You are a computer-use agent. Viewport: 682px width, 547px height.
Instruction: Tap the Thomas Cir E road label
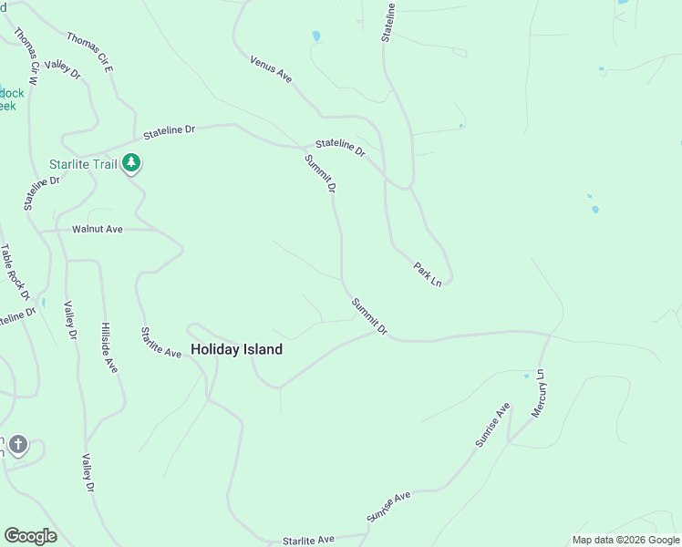pyautogui.click(x=88, y=53)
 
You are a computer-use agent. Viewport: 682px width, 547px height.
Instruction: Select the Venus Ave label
pyautogui.click(x=271, y=69)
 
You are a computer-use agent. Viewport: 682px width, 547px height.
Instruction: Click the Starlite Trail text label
pyautogui.click(x=84, y=165)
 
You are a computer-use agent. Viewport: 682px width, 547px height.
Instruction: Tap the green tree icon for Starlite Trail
pyautogui.click(x=132, y=163)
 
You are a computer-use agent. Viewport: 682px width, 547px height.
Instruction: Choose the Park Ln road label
pyautogui.click(x=428, y=274)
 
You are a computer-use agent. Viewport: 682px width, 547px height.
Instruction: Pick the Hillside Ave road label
pyautogui.click(x=108, y=347)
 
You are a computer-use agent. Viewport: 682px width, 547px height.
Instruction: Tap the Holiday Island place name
pyautogui.click(x=236, y=349)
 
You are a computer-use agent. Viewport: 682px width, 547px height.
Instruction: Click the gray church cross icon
pyautogui.click(x=18, y=446)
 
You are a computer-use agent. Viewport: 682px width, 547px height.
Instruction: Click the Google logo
pyautogui.click(x=30, y=536)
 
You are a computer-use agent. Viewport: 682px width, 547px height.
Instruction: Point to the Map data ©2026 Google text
pyautogui.click(x=625, y=540)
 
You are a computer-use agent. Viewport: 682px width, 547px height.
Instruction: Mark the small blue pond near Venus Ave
pyautogui.click(x=316, y=36)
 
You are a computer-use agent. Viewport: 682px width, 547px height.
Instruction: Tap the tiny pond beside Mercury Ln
pyautogui.click(x=526, y=376)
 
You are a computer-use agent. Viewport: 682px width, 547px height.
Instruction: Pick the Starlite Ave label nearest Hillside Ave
pyautogui.click(x=160, y=342)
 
